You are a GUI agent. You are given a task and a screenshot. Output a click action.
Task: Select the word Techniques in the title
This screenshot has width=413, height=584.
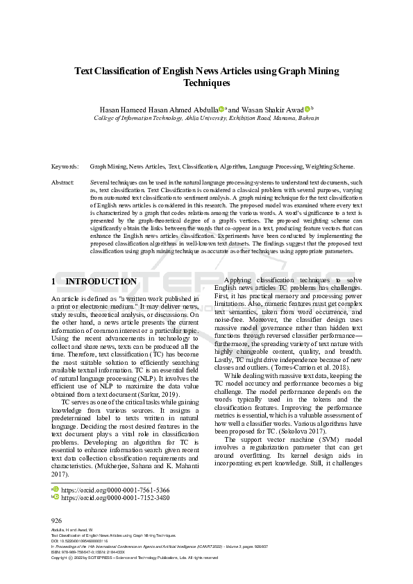[x=206, y=83]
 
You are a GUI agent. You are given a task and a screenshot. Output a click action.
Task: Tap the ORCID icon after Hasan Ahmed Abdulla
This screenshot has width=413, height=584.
[x=221, y=109]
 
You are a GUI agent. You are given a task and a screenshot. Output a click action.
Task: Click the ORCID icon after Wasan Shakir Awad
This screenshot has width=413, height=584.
[x=307, y=109]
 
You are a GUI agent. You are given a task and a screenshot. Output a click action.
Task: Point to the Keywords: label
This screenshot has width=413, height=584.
[x=65, y=166]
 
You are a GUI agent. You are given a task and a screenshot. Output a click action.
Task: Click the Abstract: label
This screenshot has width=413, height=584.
[x=63, y=182]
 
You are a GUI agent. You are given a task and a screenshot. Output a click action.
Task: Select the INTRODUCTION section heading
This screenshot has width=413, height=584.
[x=101, y=281]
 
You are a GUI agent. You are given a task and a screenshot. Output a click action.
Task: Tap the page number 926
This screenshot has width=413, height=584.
[x=57, y=519]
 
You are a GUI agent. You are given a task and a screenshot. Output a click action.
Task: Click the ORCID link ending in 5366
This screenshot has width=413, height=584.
[x=115, y=489]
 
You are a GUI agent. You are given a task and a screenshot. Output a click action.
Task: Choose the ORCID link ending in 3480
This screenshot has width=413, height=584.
[x=115, y=497]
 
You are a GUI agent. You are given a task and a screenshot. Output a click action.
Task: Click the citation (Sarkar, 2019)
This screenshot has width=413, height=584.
[x=158, y=394]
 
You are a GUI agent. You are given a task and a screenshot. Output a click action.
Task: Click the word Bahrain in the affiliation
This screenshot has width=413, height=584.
[x=305, y=118]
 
